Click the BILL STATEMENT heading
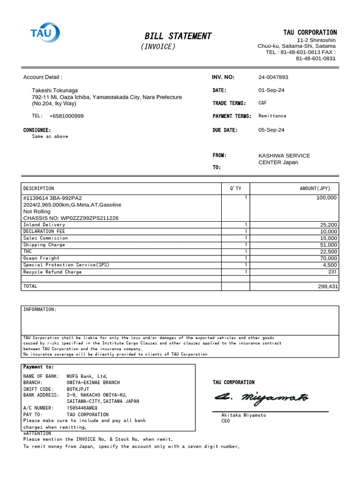(x=178, y=36)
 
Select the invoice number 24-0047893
(x=273, y=77)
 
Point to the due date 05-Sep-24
(x=271, y=130)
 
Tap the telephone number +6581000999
(x=66, y=116)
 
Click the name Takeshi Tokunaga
(x=55, y=90)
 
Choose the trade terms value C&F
(x=263, y=103)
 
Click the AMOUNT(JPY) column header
(x=315, y=188)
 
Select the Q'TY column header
(x=235, y=188)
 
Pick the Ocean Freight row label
(x=41, y=258)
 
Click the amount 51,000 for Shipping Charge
(x=328, y=245)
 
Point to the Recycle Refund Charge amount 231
(x=332, y=272)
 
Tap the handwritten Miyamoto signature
(x=262, y=398)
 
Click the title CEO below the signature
(x=226, y=421)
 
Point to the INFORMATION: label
(x=40, y=310)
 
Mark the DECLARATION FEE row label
(x=45, y=232)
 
